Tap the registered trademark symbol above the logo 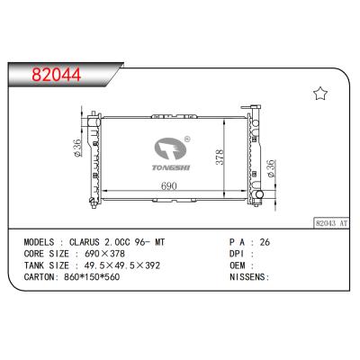pyautogui.click(x=186, y=139)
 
